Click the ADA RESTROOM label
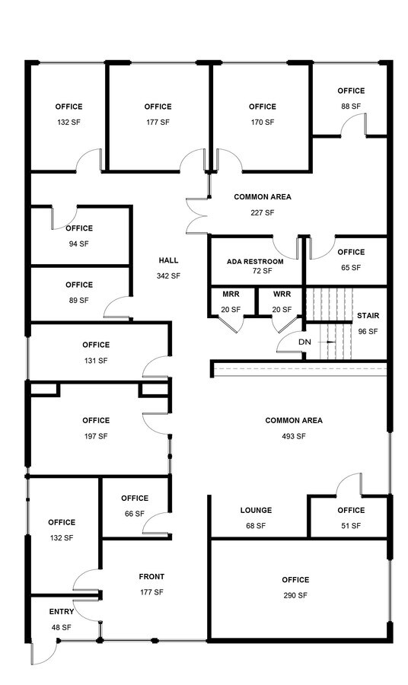coord(255,262)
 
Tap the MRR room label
coord(231,294)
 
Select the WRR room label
coord(282,294)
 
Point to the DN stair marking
coord(304,342)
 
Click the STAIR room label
coord(368,316)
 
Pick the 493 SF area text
coord(294,436)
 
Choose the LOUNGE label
coord(256,511)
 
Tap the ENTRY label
coord(62,612)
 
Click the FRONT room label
coord(151,577)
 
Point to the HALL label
coord(168,260)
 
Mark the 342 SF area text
coord(168,276)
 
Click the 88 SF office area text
coord(351,107)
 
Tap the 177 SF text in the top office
coord(158,122)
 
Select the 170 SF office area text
coord(262,122)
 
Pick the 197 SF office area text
coord(96,436)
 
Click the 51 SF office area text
coord(351,526)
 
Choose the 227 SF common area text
coord(262,212)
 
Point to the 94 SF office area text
coord(78,244)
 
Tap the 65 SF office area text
coord(351,268)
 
